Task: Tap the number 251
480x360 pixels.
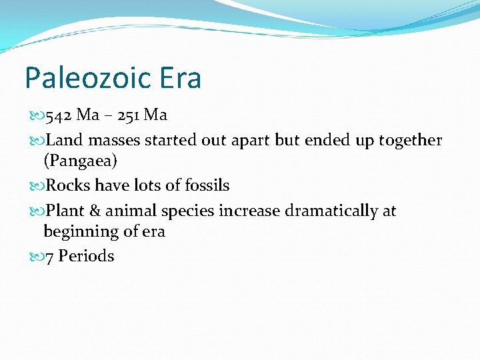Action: (x=128, y=115)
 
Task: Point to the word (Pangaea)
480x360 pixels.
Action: (x=76, y=161)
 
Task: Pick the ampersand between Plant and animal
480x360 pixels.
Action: (x=95, y=211)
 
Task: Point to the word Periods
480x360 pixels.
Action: (x=87, y=256)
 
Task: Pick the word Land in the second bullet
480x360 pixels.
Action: (x=62, y=140)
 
